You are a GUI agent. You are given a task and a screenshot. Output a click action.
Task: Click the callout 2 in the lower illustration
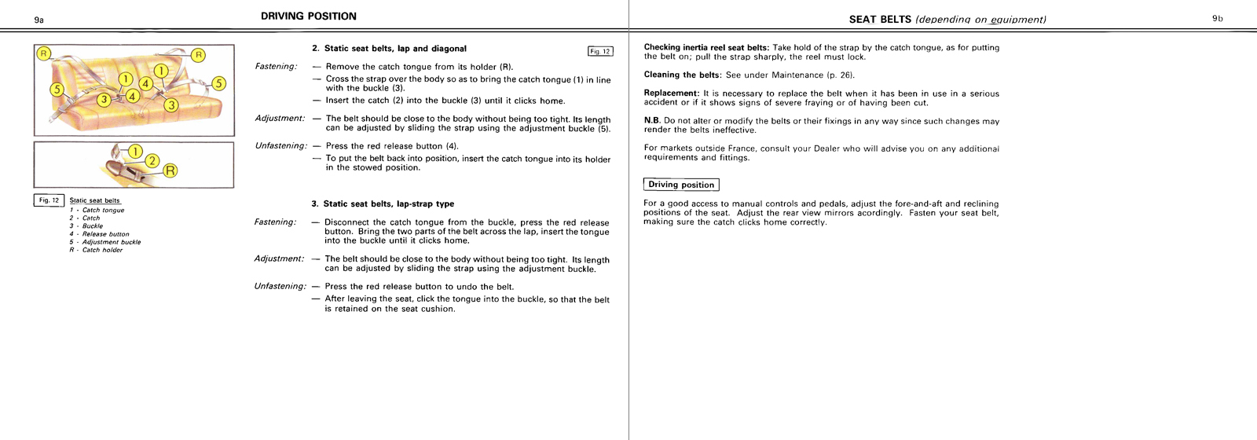pyautogui.click(x=152, y=161)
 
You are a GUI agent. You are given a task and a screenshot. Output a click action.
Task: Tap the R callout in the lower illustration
pyautogui.click(x=170, y=170)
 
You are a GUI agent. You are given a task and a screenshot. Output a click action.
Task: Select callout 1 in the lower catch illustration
pyautogui.click(x=135, y=151)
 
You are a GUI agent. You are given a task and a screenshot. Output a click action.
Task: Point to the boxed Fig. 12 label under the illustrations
pyautogui.click(x=49, y=200)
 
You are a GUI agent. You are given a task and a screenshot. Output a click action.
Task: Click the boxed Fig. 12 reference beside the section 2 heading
pyautogui.click(x=600, y=52)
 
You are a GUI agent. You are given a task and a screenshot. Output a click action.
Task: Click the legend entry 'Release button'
pyautogui.click(x=105, y=234)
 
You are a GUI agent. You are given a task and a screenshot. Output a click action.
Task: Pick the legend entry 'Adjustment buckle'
pyautogui.click(x=111, y=242)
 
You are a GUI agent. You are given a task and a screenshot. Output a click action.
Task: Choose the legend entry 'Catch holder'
pyautogui.click(x=102, y=250)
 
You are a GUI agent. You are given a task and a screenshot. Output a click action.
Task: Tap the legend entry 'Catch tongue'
pyautogui.click(x=103, y=211)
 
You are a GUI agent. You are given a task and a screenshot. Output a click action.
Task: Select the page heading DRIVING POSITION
pyautogui.click(x=309, y=16)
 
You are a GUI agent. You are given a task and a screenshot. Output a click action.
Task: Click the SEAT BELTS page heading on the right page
pyautogui.click(x=880, y=20)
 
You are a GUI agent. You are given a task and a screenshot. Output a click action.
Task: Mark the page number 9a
pyautogui.click(x=39, y=20)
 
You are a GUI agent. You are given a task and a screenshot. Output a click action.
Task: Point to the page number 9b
pyautogui.click(x=1217, y=19)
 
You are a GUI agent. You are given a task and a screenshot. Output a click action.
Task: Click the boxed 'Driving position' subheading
pyautogui.click(x=681, y=185)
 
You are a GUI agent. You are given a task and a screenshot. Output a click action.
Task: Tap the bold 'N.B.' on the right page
pyautogui.click(x=652, y=121)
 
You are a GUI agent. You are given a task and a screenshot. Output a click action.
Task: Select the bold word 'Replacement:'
pyautogui.click(x=671, y=93)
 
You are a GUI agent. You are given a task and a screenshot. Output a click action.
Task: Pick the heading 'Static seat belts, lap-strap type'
pyautogui.click(x=388, y=204)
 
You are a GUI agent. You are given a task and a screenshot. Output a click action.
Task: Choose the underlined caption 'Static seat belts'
pyautogui.click(x=94, y=201)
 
